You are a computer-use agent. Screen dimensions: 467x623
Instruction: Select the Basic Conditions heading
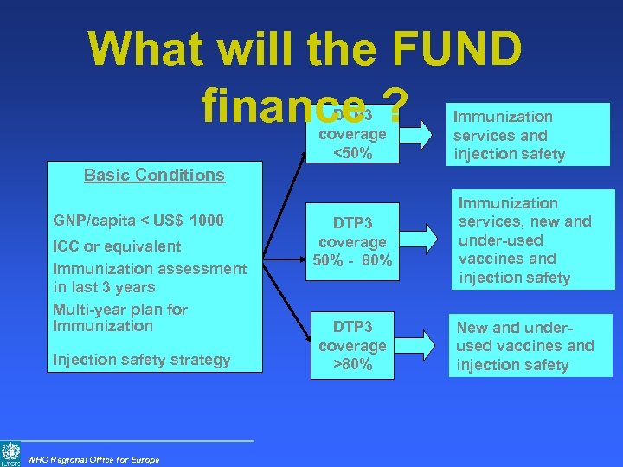154,175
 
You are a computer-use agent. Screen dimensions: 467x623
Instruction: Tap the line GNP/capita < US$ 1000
138,221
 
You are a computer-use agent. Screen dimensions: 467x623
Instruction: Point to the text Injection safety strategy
141,360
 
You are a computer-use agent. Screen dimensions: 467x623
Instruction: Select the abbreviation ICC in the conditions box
67,246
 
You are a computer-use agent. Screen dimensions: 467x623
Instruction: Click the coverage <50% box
352,135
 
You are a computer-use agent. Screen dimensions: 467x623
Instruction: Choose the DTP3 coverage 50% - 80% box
352,242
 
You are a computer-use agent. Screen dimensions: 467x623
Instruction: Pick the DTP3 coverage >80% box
352,345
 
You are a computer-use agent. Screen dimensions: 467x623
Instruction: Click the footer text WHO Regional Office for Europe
93,459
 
